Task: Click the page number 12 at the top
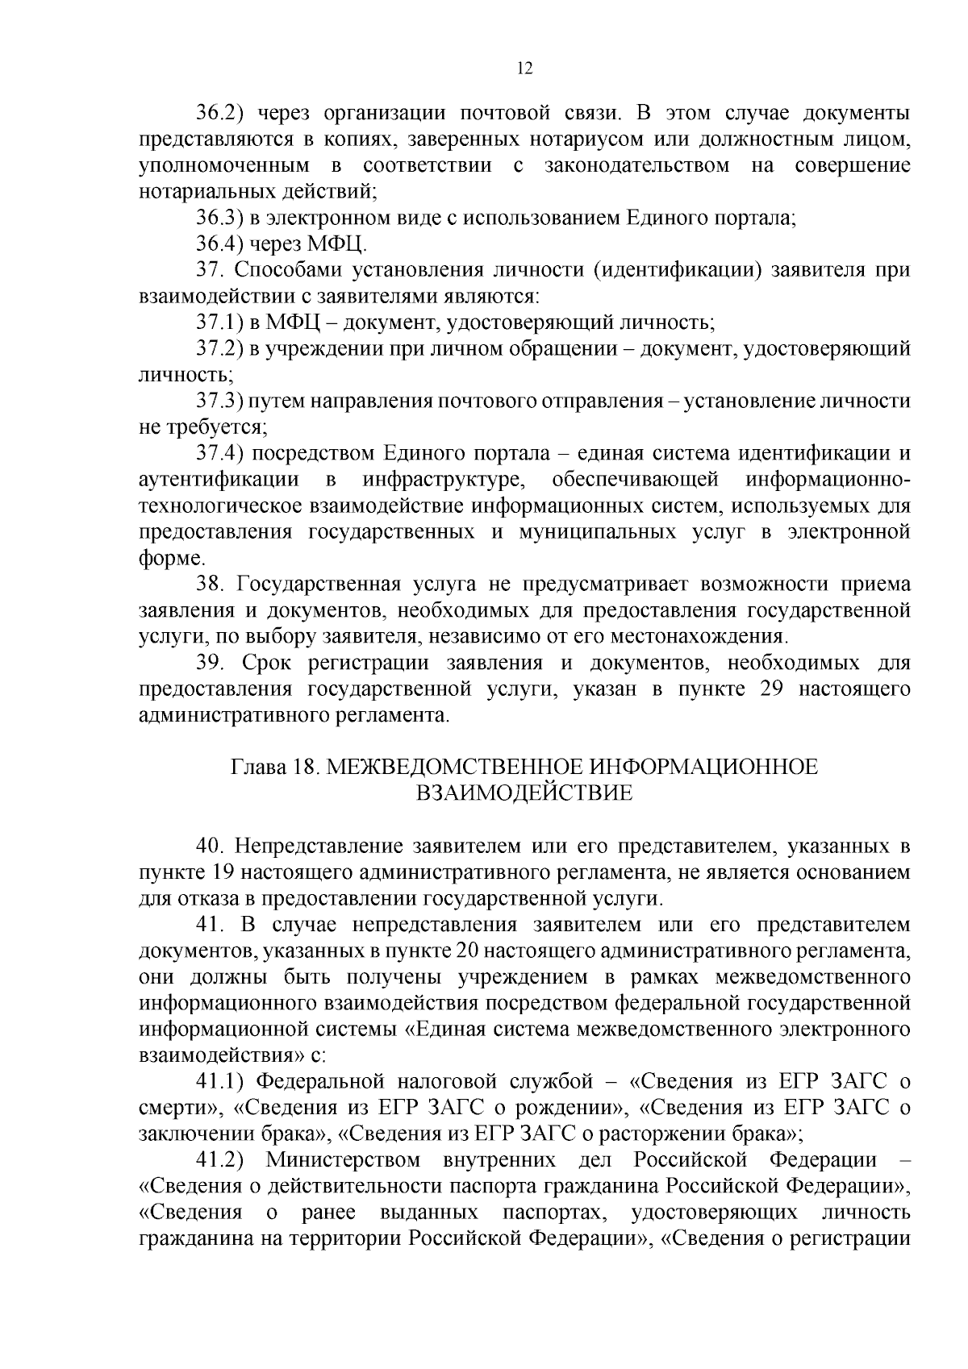point(524,69)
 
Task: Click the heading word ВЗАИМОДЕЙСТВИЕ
point(524,793)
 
